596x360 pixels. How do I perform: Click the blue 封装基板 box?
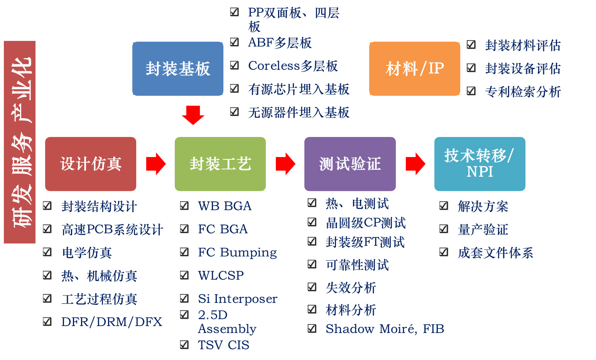coord(178,69)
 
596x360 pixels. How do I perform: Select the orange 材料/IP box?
coord(415,69)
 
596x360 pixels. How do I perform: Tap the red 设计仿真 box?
coord(91,164)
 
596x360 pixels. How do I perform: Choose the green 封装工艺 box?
coord(220,164)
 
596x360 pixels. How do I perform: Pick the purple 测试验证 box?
coord(350,164)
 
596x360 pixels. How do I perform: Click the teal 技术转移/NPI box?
coord(480,164)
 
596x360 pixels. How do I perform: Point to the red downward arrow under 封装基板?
coord(193,115)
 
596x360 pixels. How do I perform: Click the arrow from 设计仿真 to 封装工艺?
coord(155,164)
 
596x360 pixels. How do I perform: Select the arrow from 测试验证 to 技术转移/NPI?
coord(415,164)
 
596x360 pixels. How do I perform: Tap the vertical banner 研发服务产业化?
coord(20,142)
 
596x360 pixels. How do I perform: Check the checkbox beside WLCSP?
coord(184,275)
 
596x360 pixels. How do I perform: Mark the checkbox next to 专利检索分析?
coord(471,91)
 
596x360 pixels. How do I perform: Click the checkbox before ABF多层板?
coord(235,42)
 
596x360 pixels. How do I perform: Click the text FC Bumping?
coord(237,252)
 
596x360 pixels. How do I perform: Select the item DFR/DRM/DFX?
coord(111,322)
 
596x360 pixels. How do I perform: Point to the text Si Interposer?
coord(238,299)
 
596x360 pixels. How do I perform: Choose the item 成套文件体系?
coord(495,253)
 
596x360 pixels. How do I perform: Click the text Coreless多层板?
coord(293,66)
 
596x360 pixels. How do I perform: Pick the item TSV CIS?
coord(223,345)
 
